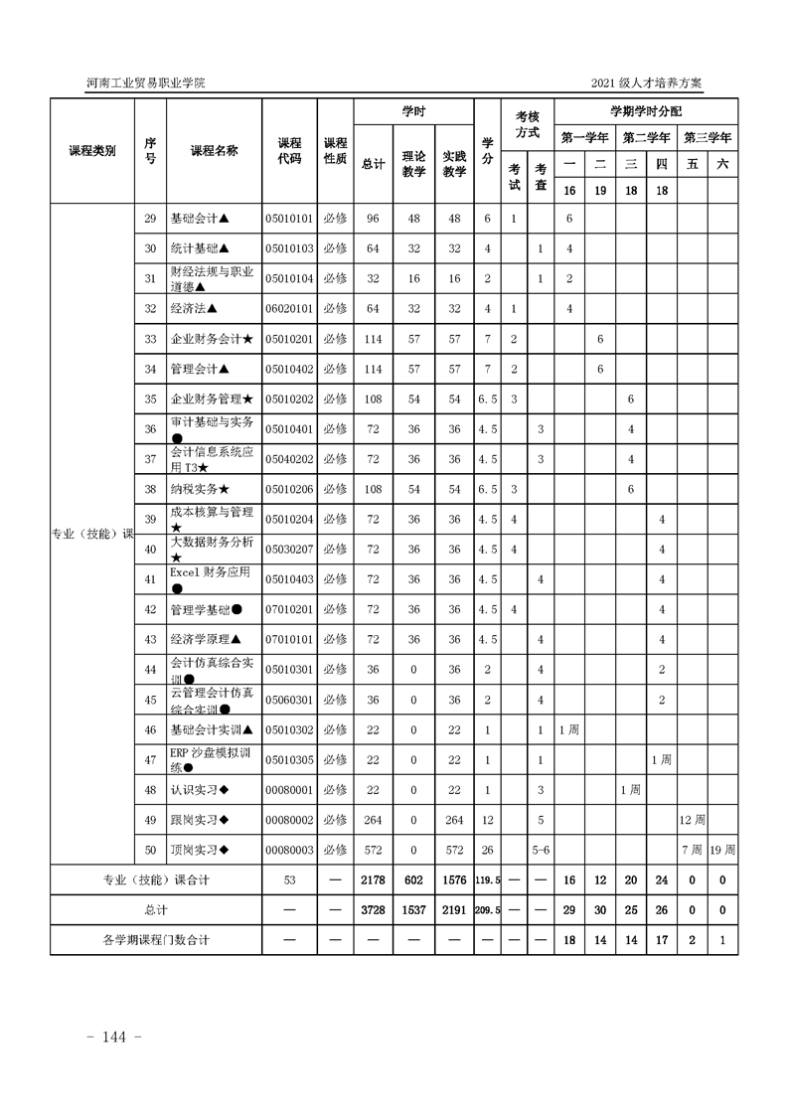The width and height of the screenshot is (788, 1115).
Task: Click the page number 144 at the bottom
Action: (116, 1036)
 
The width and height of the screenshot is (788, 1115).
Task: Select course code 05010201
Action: (289, 339)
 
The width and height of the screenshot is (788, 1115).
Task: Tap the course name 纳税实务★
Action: (200, 489)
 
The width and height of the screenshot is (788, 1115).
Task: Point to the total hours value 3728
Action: (374, 909)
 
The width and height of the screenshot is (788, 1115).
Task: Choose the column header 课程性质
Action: (335, 151)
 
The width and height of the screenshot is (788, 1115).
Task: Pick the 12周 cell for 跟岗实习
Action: (692, 820)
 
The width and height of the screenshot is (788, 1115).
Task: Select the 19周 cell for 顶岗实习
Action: (722, 850)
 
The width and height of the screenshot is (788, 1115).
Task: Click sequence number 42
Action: (150, 609)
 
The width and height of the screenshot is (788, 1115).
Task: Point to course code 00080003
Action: (289, 850)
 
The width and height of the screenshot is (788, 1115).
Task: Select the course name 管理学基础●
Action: (207, 609)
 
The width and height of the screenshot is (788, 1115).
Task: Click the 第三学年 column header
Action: (707, 137)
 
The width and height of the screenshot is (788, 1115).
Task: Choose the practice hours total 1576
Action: (454, 879)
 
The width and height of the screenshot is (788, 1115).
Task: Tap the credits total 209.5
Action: (487, 909)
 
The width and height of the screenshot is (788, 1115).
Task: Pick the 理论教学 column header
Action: (413, 164)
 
